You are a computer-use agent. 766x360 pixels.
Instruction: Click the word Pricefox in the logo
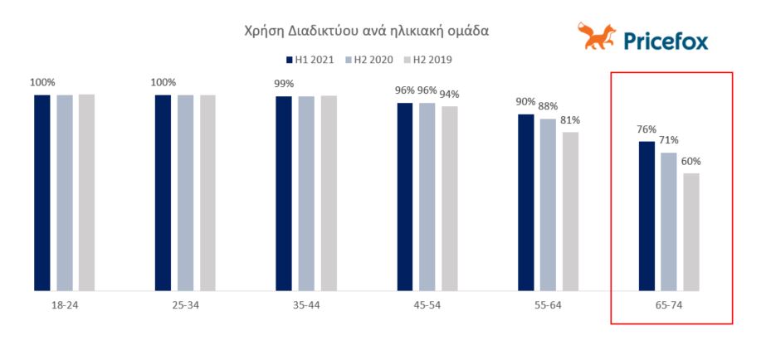(666, 40)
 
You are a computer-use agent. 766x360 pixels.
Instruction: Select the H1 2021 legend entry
(309, 60)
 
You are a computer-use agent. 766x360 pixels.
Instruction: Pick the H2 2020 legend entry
(369, 60)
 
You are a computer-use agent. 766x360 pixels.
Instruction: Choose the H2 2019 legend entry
(427, 60)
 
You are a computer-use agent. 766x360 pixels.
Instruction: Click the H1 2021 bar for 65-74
(646, 216)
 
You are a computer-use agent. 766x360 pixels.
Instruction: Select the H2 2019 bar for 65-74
(691, 231)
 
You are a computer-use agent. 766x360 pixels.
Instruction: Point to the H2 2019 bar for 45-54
(449, 198)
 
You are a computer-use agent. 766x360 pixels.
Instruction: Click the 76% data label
(646, 129)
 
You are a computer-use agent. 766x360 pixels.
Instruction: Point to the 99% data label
(284, 84)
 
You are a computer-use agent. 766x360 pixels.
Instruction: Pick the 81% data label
(570, 119)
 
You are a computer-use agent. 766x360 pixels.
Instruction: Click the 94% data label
(450, 94)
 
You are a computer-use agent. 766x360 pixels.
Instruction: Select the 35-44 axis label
(305, 305)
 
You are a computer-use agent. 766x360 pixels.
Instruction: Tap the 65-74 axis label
(668, 305)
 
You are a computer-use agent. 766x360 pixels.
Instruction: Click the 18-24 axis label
(65, 305)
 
